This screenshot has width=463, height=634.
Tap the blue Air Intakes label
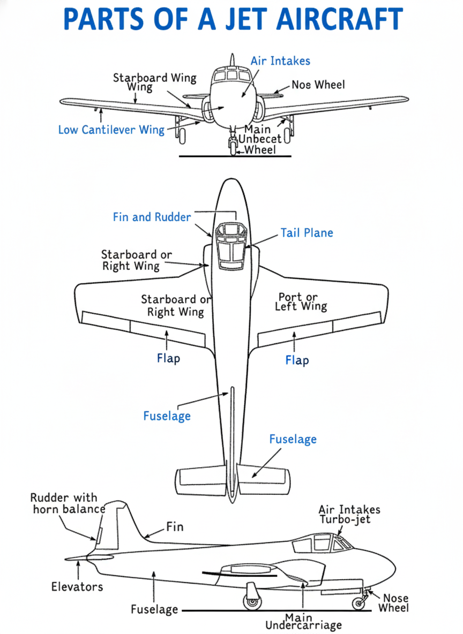[x=280, y=61]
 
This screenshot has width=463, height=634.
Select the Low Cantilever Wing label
[x=111, y=130]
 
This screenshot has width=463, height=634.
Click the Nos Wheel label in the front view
[x=318, y=85]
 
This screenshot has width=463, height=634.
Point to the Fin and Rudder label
[x=152, y=217]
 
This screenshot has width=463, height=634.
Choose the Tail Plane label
[x=307, y=233]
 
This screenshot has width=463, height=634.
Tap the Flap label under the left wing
[x=168, y=358]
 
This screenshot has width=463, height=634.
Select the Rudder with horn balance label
[x=67, y=503]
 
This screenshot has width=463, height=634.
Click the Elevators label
[x=77, y=587]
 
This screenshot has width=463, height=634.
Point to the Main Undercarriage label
[x=304, y=622]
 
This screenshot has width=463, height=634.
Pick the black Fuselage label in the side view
[x=154, y=609]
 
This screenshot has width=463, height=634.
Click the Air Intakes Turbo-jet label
[x=349, y=515]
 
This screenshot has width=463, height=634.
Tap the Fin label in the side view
[x=175, y=527]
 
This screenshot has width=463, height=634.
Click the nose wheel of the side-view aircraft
[x=359, y=603]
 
